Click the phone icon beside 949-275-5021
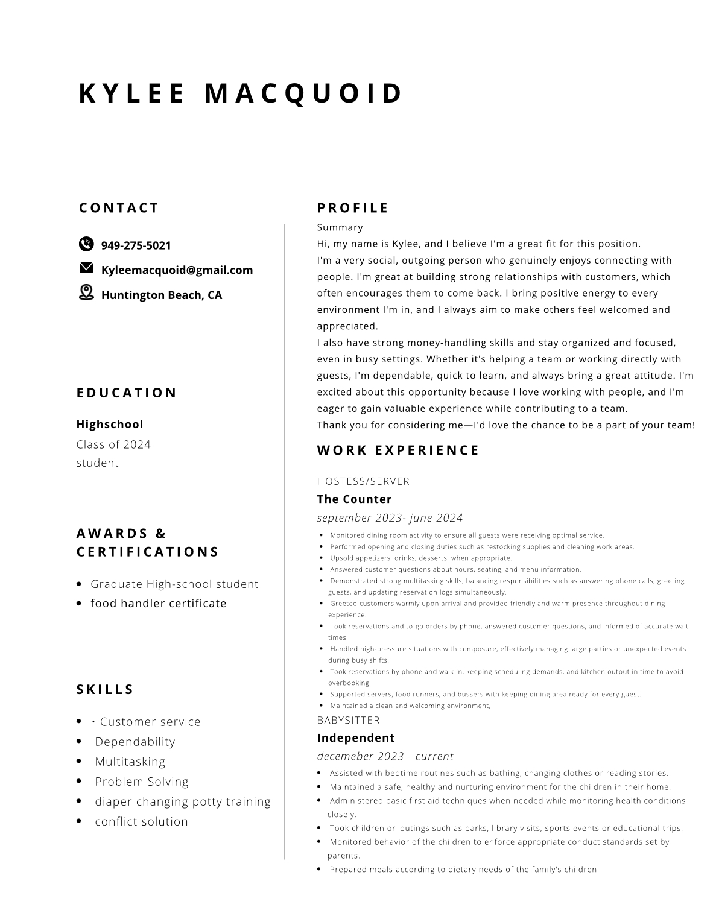pos(86,244)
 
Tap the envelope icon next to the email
pos(86,268)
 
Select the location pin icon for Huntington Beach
pos(86,292)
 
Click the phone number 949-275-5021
pos(136,245)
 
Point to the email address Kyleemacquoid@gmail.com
pos(177,270)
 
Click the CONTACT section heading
pos(119,208)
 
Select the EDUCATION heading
pos(127,393)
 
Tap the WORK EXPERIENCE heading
pos(398,450)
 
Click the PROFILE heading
pos(353,208)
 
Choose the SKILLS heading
pos(105,689)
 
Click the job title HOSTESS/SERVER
pos(363,481)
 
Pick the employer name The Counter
pos(354,499)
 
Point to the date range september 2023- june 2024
pos(390,518)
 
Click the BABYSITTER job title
pos(349,720)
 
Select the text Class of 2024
pos(113,444)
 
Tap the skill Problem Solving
pos(142,782)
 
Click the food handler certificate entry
pos(159,603)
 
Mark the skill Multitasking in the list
pos(130,762)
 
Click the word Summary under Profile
pos(340,227)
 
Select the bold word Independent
pos(356,737)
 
